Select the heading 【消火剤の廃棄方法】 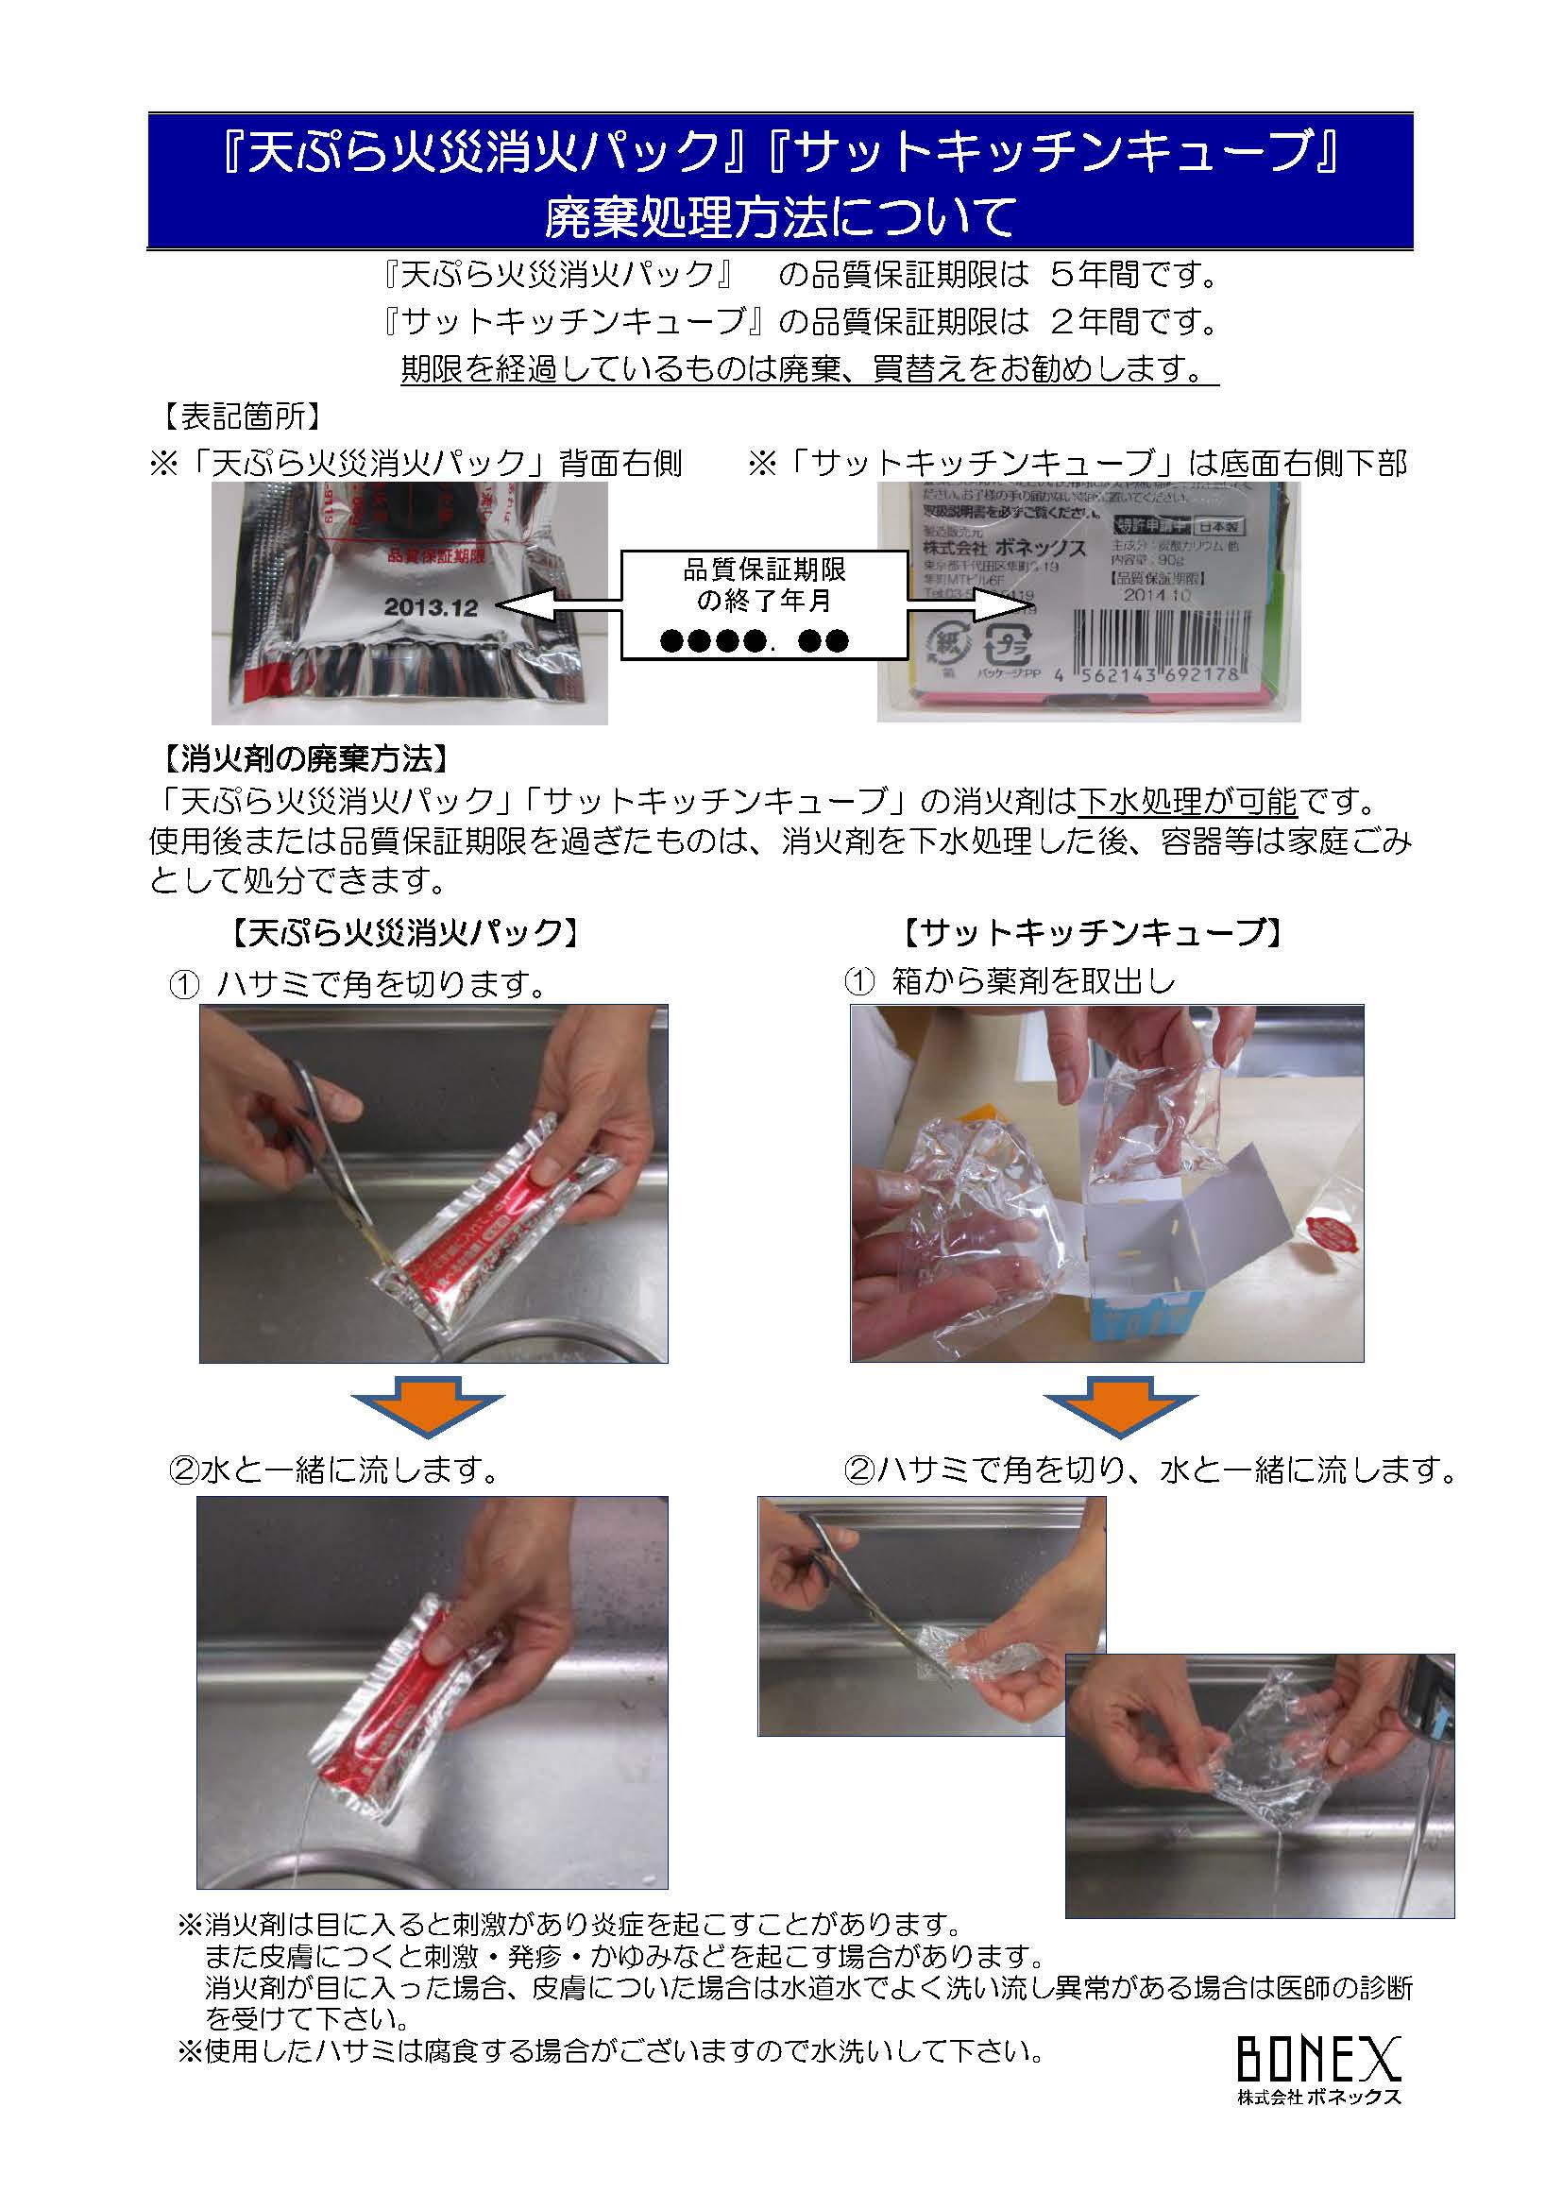(x=301, y=759)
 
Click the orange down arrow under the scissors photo (x=427, y=1406)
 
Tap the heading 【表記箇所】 (x=237, y=416)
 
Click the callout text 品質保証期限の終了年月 (x=764, y=585)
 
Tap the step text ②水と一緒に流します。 (x=335, y=1470)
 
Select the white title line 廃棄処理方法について (x=780, y=216)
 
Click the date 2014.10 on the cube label (x=1157, y=596)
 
